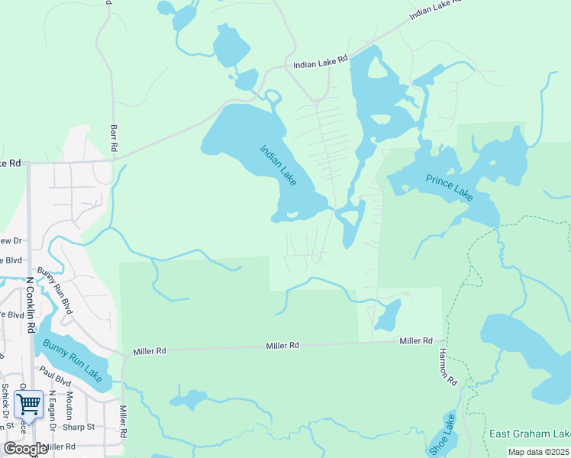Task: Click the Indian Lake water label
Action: pyautogui.click(x=278, y=165)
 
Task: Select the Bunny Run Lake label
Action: pyautogui.click(x=72, y=360)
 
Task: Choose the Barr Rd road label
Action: pyautogui.click(x=114, y=137)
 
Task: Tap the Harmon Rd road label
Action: pyautogui.click(x=447, y=367)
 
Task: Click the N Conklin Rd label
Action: pyautogui.click(x=31, y=305)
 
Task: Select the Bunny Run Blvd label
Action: pyautogui.click(x=52, y=291)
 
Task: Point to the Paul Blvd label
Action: pyautogui.click(x=55, y=379)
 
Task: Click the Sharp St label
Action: pyautogui.click(x=79, y=427)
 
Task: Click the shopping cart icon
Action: pyautogui.click(x=28, y=403)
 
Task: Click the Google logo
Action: pyautogui.click(x=25, y=448)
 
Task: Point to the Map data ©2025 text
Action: pyautogui.click(x=539, y=452)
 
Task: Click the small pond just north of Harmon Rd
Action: pyautogui.click(x=387, y=314)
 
